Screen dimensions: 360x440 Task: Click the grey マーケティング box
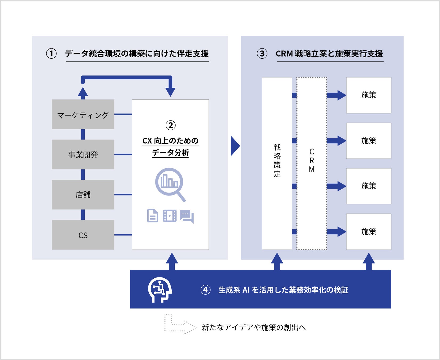tap(83, 114)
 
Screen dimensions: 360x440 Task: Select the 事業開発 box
tap(83, 154)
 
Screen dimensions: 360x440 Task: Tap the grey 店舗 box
tap(83, 194)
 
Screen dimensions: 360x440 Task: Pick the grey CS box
tap(83, 235)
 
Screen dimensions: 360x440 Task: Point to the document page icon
tap(153, 215)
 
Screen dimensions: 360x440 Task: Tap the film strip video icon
tap(170, 215)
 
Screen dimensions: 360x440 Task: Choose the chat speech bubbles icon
tap(187, 215)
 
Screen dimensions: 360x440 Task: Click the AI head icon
tap(160, 290)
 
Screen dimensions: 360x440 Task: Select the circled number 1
tap(51, 54)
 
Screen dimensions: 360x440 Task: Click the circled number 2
tap(170, 125)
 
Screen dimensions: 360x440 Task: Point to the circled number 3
tap(262, 54)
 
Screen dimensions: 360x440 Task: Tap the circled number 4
tap(205, 290)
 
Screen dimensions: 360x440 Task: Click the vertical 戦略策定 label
tap(277, 161)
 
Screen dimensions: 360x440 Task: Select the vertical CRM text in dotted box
tap(312, 161)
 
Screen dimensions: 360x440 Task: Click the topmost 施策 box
tap(369, 95)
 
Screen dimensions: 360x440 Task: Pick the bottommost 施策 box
tap(369, 231)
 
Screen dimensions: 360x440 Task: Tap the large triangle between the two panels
tap(235, 146)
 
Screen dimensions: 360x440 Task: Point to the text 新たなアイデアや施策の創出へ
tap(253, 327)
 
